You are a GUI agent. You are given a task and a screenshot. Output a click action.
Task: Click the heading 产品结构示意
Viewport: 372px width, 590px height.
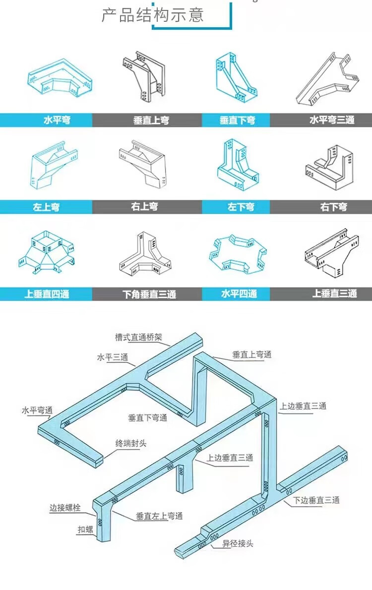[x=153, y=15]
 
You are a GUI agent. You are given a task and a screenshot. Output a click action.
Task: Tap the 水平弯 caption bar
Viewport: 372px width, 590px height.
[x=57, y=120]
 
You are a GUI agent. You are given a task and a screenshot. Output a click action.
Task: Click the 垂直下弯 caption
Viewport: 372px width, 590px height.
[x=238, y=120]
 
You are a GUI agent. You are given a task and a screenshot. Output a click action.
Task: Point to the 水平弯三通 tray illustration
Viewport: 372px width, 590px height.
[x=328, y=79]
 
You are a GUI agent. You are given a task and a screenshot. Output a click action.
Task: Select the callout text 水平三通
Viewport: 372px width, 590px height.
[x=113, y=357]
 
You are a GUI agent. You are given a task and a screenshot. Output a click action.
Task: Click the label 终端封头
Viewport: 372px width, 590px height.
[x=131, y=443]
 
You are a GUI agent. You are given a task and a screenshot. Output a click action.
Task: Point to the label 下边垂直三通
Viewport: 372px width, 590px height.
[x=316, y=500]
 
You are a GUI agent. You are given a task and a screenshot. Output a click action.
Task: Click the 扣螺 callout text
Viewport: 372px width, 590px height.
[x=85, y=530]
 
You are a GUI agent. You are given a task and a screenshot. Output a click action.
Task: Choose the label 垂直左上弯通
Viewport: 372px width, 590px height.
[x=159, y=516]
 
